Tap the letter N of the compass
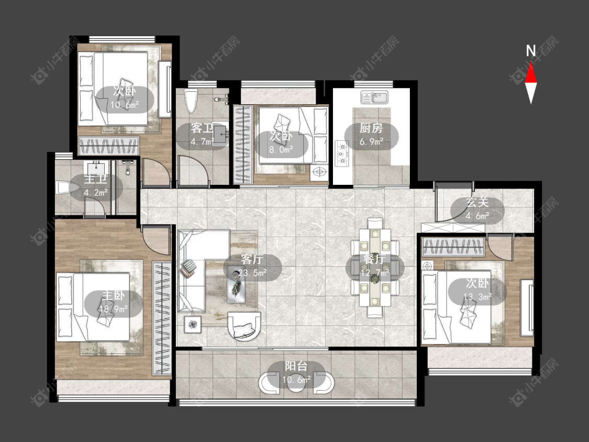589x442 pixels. [531, 51]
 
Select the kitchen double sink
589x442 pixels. [374, 97]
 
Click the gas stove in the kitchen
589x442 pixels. [342, 154]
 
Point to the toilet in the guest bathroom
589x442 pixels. [191, 101]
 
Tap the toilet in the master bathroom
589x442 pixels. [67, 188]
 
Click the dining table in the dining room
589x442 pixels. [374, 268]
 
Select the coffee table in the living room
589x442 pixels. [236, 284]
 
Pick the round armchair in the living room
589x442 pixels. [243, 326]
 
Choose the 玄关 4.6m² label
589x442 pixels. [477, 209]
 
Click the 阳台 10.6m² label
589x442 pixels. [296, 373]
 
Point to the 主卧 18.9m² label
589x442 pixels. [113, 302]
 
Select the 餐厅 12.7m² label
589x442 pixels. [374, 266]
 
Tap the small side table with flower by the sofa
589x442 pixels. [193, 324]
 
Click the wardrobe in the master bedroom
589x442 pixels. [162, 318]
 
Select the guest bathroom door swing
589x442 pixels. [193, 170]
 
